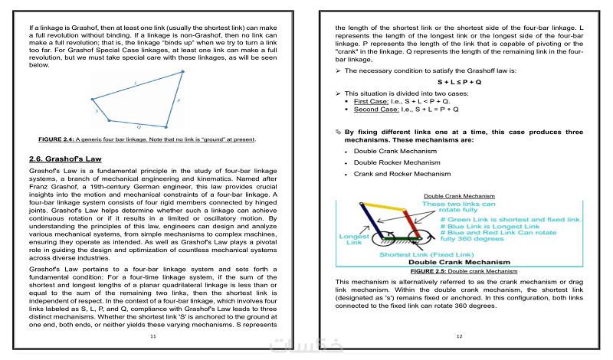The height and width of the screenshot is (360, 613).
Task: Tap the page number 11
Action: pos(152,336)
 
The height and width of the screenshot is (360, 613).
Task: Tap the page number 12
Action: pos(459,336)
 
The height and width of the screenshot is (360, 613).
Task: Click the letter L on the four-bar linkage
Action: pos(136,81)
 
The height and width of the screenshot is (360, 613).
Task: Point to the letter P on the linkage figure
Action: pos(179,100)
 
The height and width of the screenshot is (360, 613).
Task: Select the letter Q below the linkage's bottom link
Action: pos(139,126)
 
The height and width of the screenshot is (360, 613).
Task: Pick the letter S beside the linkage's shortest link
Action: pos(97,111)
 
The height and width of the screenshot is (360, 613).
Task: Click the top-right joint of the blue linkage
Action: pos(184,72)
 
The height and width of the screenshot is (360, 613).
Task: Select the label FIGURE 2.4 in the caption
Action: pos(55,139)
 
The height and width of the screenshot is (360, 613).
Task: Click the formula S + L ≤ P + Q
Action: pos(459,81)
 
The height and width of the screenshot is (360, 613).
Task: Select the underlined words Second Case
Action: pos(375,110)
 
